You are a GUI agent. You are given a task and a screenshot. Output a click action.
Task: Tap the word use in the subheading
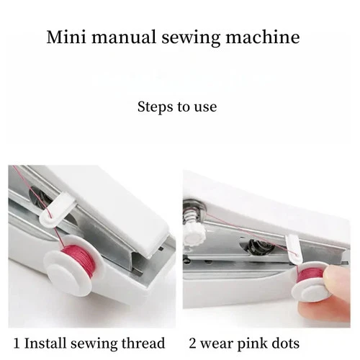204,108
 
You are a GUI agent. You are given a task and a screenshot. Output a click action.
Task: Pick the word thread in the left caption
145,343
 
